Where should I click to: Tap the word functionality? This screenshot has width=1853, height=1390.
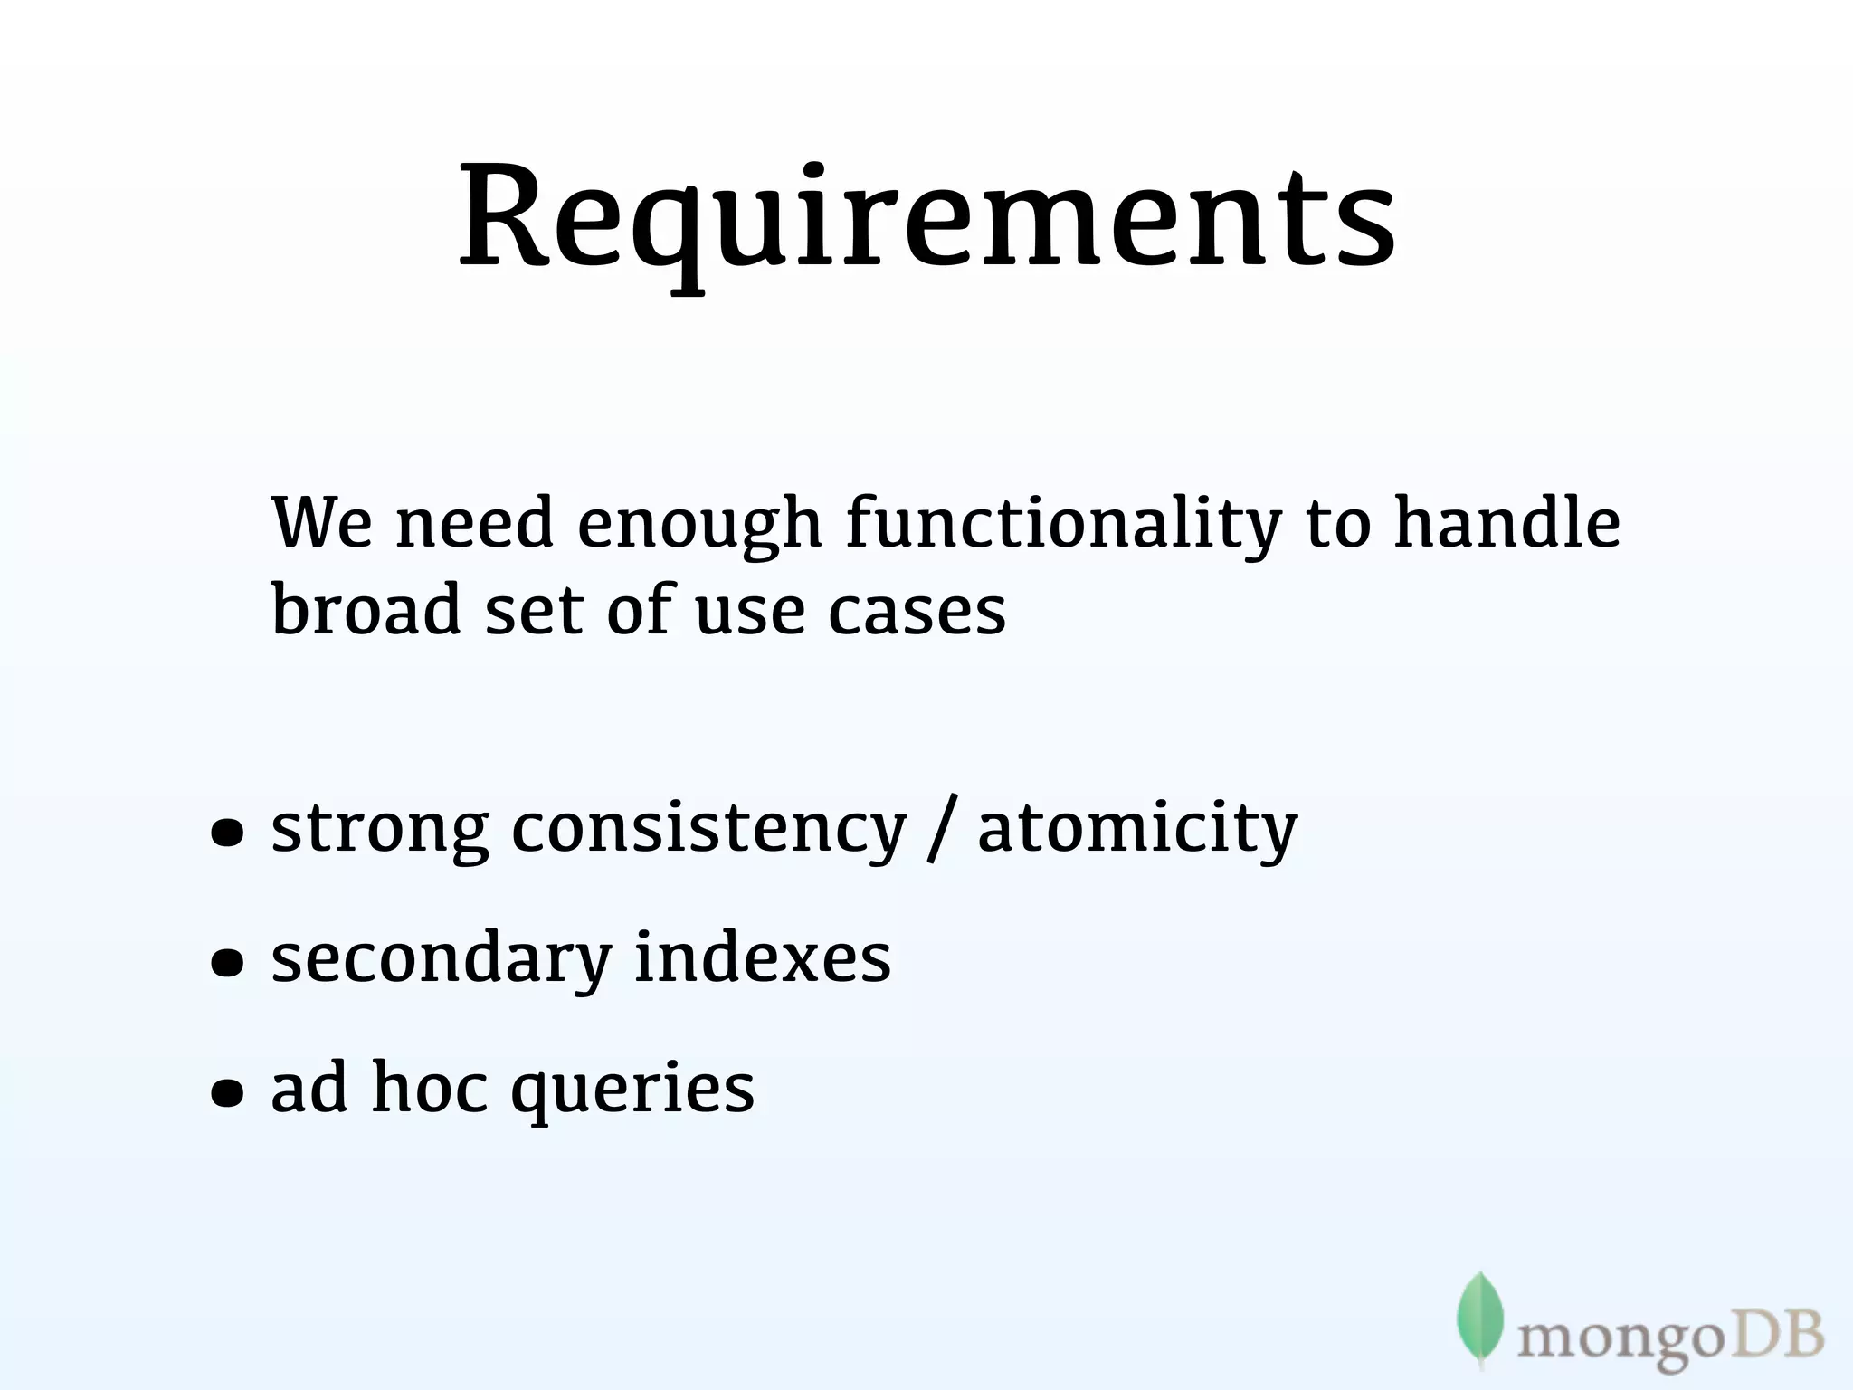point(1064,524)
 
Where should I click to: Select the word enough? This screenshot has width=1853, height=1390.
point(699,526)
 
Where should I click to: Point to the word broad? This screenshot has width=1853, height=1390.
point(366,608)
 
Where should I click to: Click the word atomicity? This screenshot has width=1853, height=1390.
point(1137,829)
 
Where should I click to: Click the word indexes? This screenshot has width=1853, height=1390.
point(763,957)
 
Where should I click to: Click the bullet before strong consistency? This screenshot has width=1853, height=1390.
point(226,834)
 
